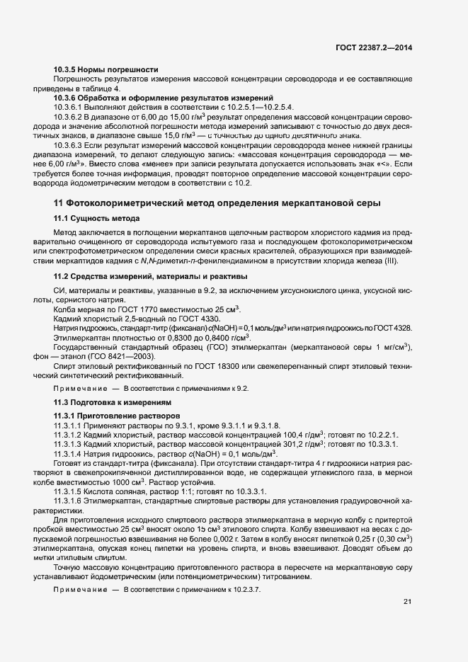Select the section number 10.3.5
(66, 69)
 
